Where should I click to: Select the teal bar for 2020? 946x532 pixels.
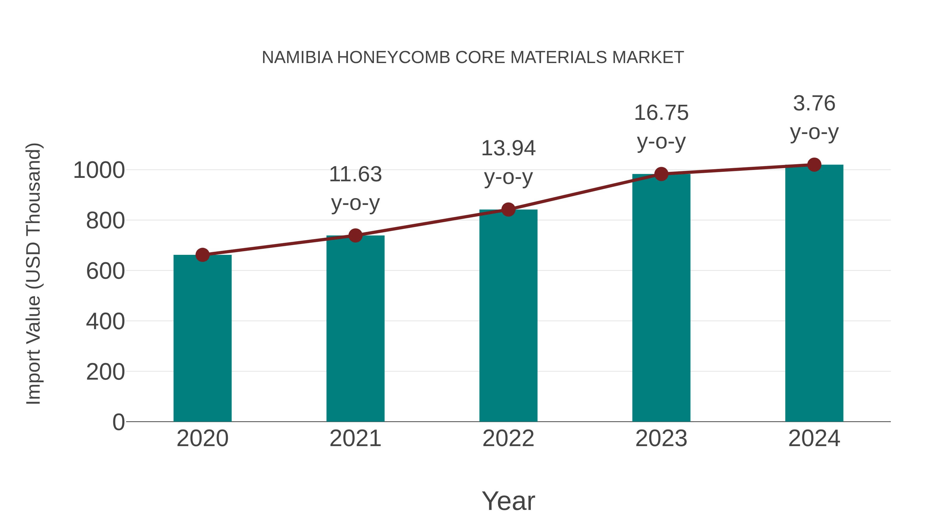pyautogui.click(x=202, y=338)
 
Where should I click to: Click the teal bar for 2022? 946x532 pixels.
pyautogui.click(x=508, y=316)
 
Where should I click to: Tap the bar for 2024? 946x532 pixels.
pyautogui.click(x=814, y=294)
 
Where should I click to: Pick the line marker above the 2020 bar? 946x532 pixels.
pyautogui.click(x=202, y=255)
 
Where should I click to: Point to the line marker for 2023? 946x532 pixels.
pyautogui.click(x=661, y=174)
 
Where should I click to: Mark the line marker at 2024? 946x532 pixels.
pyautogui.click(x=814, y=165)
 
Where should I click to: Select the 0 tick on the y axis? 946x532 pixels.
pyautogui.click(x=119, y=422)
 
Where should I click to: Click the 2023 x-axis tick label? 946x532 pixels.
pyautogui.click(x=661, y=438)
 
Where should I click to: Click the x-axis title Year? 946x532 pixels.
pyautogui.click(x=508, y=501)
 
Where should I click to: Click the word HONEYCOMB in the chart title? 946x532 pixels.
pyautogui.click(x=394, y=58)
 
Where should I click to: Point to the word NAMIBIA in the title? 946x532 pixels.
pyautogui.click(x=297, y=58)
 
